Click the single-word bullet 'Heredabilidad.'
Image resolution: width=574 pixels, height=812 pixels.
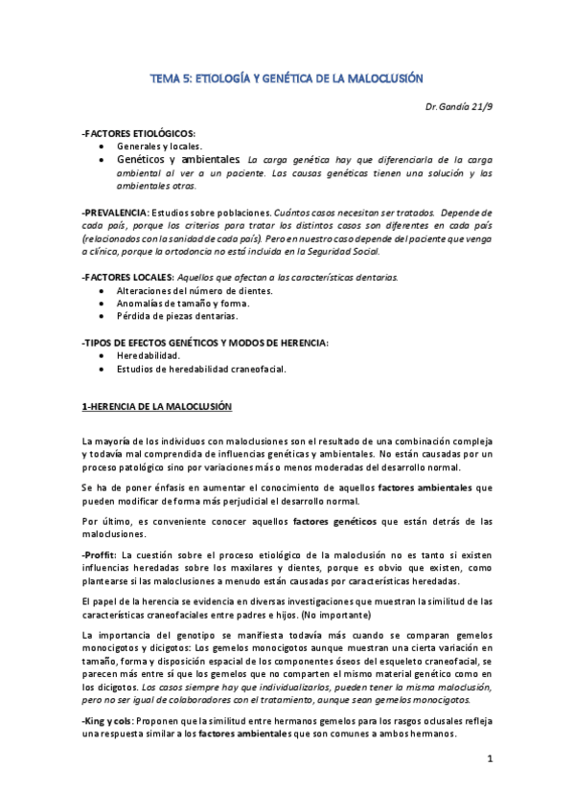click(x=149, y=355)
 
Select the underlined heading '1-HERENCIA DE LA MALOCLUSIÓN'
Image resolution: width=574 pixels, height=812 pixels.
click(x=157, y=407)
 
